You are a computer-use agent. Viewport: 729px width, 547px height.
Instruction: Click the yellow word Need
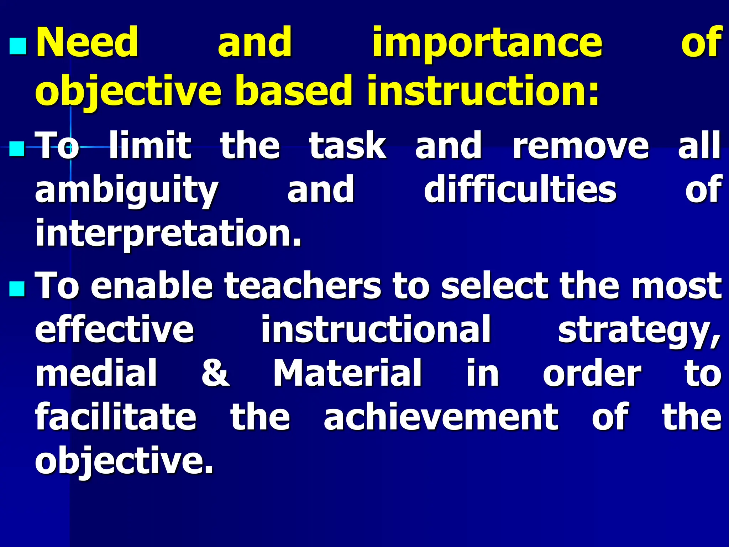click(x=87, y=43)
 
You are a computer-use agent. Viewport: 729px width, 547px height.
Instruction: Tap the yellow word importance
click(x=487, y=43)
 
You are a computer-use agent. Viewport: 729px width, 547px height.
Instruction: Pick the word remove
click(x=581, y=146)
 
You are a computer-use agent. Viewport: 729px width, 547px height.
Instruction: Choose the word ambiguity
click(x=126, y=191)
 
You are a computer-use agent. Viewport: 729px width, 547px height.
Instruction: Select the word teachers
click(x=303, y=286)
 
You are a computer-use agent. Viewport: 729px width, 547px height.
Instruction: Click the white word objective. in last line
click(x=124, y=461)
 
